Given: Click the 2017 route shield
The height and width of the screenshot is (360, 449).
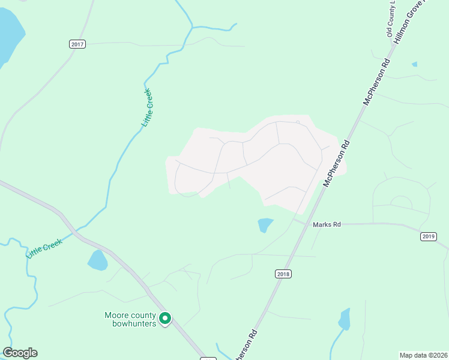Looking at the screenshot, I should [x=77, y=44].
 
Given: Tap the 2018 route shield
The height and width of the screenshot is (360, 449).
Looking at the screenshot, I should [x=283, y=274].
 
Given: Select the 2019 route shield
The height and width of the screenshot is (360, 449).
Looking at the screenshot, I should [x=428, y=236].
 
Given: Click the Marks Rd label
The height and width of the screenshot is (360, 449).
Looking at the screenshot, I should [x=327, y=224].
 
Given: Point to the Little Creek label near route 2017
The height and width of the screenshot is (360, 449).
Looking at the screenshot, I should [x=147, y=108].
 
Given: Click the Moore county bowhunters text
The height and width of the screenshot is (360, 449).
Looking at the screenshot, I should [x=130, y=319].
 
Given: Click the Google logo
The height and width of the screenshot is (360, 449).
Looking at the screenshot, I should [x=20, y=353].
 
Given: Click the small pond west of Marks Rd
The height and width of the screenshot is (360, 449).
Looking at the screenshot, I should [x=265, y=225].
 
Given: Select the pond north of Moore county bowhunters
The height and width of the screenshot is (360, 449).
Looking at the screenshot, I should [x=98, y=260].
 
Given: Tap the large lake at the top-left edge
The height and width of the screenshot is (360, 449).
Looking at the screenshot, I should [x=10, y=36].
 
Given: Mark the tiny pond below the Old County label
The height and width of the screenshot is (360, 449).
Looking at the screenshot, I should [x=414, y=64].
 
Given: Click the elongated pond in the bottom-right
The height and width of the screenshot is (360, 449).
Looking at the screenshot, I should [x=344, y=319].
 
